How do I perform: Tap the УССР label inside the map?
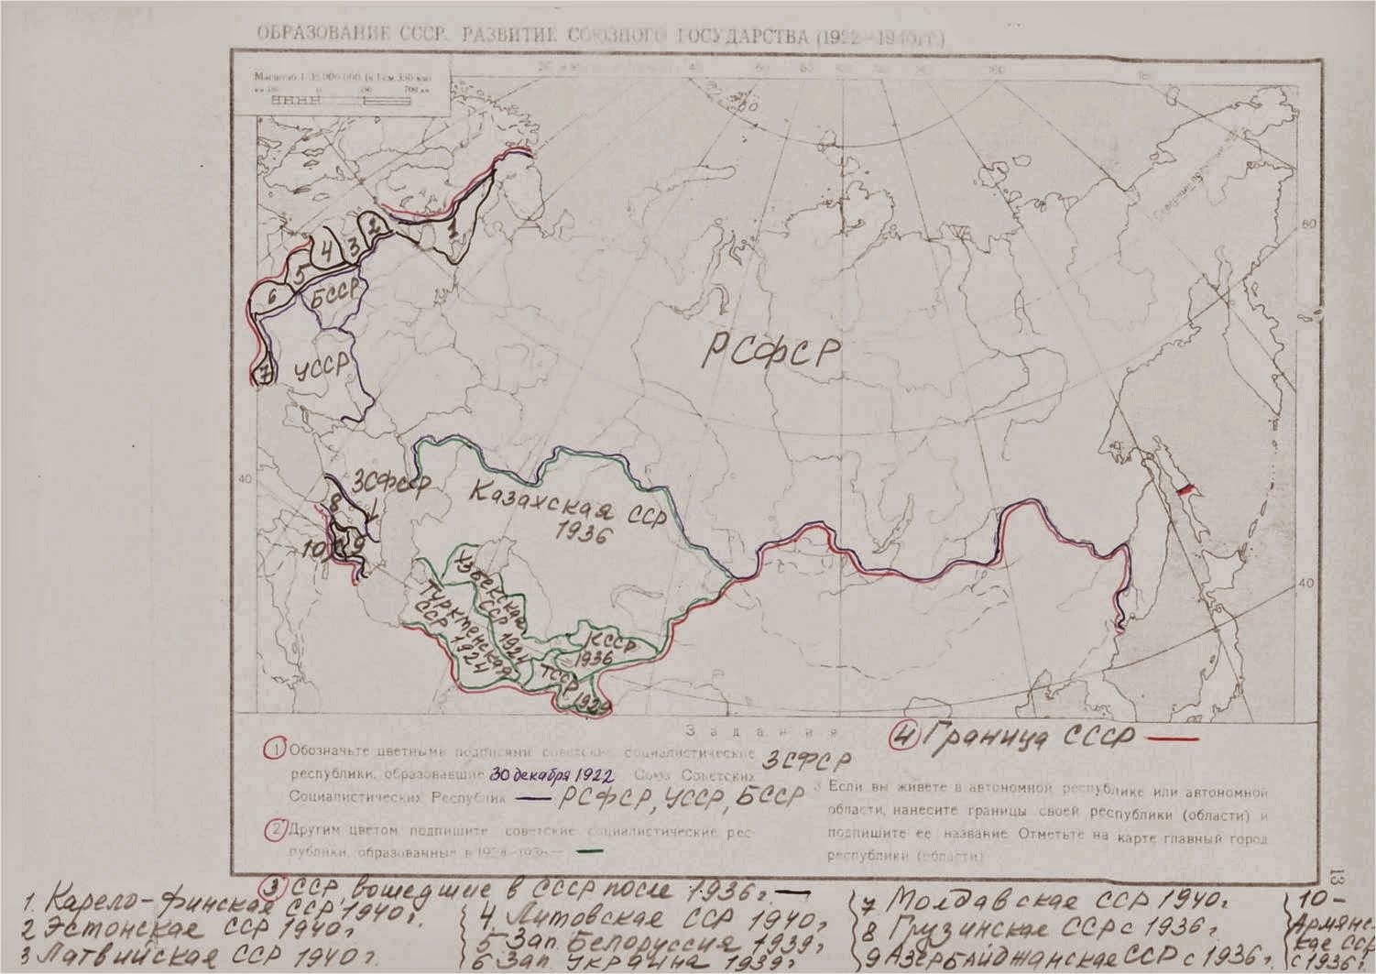pyautogui.click(x=322, y=367)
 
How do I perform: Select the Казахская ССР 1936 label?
pyautogui.click(x=540, y=513)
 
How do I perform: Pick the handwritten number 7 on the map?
pyautogui.click(x=263, y=373)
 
